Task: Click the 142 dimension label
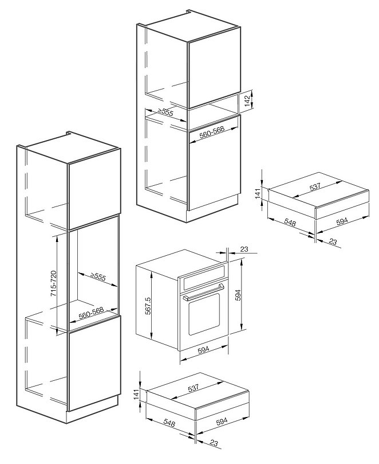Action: [247, 100]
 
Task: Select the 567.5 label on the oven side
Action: [148, 306]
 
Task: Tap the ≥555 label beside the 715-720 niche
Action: [98, 276]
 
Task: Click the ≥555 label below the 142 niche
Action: [165, 112]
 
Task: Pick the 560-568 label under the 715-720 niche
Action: [91, 313]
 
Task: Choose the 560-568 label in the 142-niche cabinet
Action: [212, 132]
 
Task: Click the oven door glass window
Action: [204, 314]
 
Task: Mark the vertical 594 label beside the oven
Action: [238, 295]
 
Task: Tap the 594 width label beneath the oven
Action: [204, 349]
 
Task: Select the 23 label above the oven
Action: [244, 249]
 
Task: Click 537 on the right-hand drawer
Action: [315, 187]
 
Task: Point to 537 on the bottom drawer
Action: [193, 388]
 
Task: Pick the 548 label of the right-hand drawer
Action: [290, 222]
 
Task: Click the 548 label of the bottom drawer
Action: [169, 423]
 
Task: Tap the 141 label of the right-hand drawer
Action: [258, 193]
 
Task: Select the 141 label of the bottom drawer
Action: [136, 395]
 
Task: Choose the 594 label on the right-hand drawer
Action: [342, 221]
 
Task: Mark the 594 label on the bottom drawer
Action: [222, 421]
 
